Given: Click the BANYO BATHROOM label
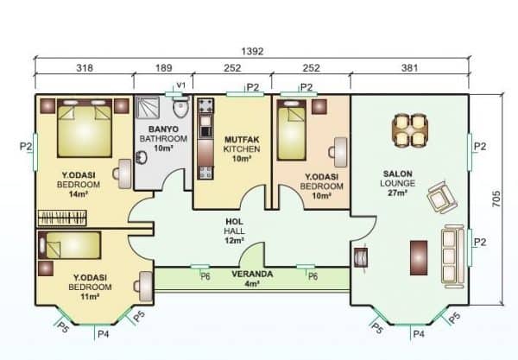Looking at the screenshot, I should tap(163, 139).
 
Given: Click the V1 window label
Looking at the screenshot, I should tap(180, 85).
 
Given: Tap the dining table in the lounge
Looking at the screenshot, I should tap(410, 130).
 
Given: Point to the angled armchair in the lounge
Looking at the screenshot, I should tap(440, 198).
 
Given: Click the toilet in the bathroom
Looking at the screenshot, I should tap(179, 113).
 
